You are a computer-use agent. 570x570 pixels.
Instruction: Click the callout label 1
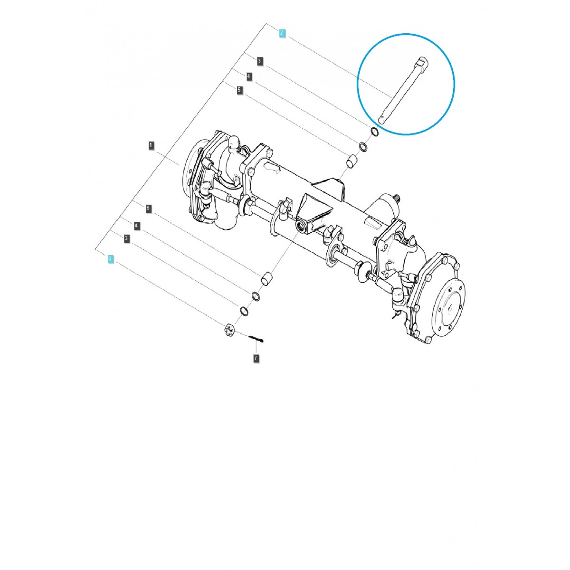click(151, 145)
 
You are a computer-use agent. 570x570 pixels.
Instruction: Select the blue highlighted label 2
click(282, 33)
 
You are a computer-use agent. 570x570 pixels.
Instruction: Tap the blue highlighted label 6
click(110, 259)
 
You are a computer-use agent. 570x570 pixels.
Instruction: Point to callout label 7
click(256, 358)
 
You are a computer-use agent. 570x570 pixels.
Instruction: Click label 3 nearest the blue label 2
click(259, 61)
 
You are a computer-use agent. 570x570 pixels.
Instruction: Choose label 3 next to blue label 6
click(126, 238)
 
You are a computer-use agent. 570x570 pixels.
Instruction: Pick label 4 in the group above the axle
click(249, 76)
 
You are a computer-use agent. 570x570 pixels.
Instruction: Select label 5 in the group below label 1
click(148, 209)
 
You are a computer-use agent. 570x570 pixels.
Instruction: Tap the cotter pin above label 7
click(256, 338)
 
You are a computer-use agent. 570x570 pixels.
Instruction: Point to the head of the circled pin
click(422, 62)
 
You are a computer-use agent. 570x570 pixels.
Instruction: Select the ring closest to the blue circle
click(374, 132)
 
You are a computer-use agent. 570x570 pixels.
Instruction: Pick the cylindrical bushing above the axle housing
click(351, 162)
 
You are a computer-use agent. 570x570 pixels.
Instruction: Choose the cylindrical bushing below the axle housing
click(268, 276)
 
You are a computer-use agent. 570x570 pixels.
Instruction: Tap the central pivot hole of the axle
click(301, 225)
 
